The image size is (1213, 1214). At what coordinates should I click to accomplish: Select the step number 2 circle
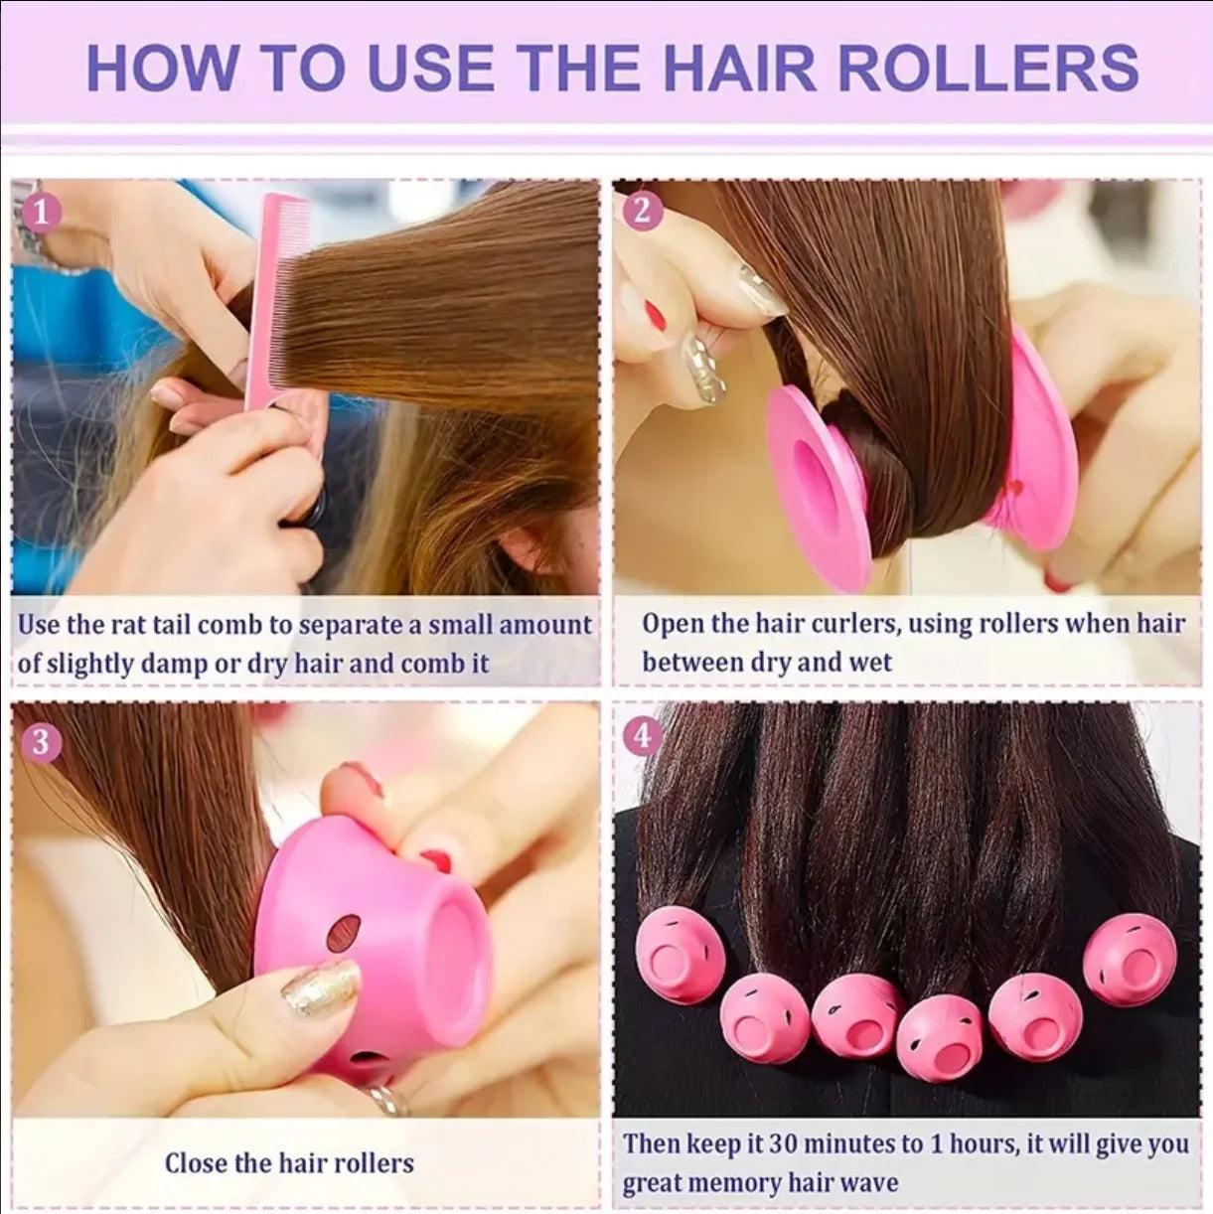[643, 211]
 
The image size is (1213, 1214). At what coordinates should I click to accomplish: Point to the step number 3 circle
[41, 742]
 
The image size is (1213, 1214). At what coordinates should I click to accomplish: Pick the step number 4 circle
[643, 736]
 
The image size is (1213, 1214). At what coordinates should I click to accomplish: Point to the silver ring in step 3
[388, 1099]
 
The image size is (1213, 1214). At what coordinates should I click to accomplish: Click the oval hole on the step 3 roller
[343, 933]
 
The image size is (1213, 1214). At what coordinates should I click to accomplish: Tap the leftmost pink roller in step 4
[680, 955]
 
